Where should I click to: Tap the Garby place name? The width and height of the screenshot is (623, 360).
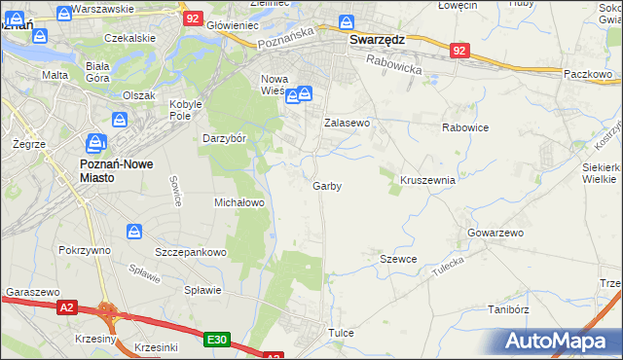tap(327, 186)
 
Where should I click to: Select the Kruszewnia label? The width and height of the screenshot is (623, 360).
tap(427, 180)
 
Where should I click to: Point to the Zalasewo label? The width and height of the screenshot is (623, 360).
tap(347, 124)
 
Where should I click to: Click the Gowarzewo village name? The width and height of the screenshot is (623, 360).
tap(495, 234)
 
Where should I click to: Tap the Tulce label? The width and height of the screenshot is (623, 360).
tap(341, 333)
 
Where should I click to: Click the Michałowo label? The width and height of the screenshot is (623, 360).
tap(239, 202)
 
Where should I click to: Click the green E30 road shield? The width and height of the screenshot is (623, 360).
tap(217, 340)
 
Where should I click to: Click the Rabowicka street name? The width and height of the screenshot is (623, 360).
tap(395, 65)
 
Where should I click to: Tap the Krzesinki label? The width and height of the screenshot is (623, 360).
tap(157, 347)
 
